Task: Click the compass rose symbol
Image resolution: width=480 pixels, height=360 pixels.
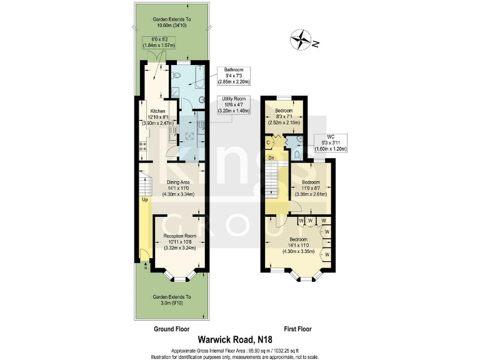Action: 301,40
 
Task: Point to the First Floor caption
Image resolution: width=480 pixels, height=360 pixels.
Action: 297,328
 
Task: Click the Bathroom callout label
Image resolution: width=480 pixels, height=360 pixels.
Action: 234,76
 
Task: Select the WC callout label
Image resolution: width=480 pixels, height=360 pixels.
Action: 328,143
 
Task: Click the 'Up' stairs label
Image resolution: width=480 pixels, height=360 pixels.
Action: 144,200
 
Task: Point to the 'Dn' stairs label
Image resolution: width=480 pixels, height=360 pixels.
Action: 272,157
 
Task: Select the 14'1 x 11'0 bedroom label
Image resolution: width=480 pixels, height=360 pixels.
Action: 297,244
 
